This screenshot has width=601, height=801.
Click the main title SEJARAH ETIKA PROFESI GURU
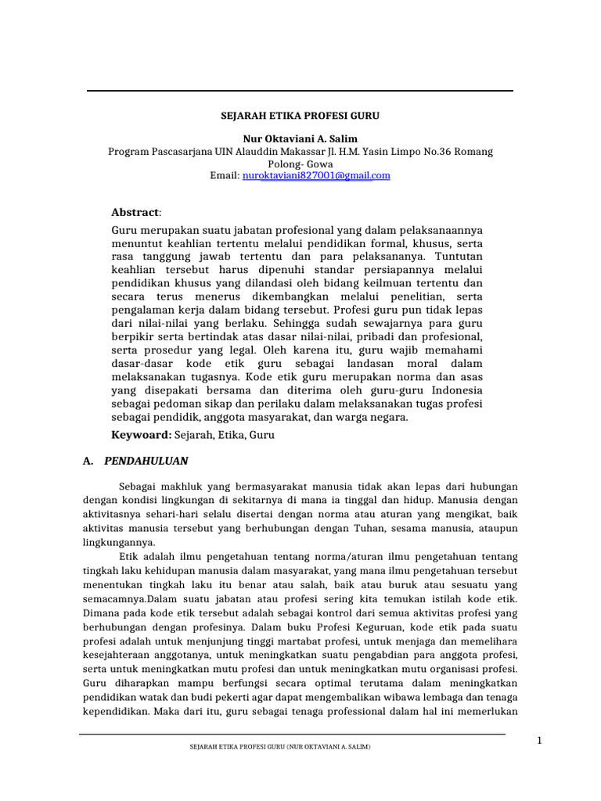click(x=300, y=115)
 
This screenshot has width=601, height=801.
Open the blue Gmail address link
click(x=317, y=176)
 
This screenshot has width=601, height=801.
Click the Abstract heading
click(x=136, y=212)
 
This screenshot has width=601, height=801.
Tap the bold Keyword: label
click(x=141, y=433)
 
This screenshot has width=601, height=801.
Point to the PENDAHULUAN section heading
click(x=146, y=461)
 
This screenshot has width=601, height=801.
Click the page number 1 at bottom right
click(x=539, y=741)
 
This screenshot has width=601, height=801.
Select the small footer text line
click(x=280, y=747)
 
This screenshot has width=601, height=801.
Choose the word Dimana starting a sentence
click(x=101, y=613)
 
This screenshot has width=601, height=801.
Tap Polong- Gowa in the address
click(x=300, y=164)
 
